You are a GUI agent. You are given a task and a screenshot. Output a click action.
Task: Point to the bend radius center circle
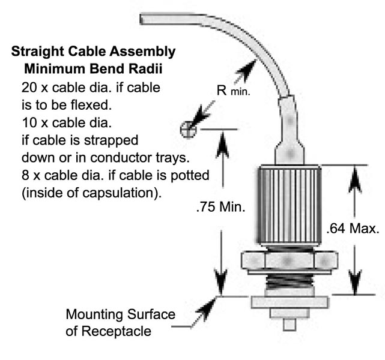click(x=189, y=128)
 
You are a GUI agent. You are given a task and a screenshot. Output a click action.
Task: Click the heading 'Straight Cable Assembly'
click(x=94, y=52)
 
